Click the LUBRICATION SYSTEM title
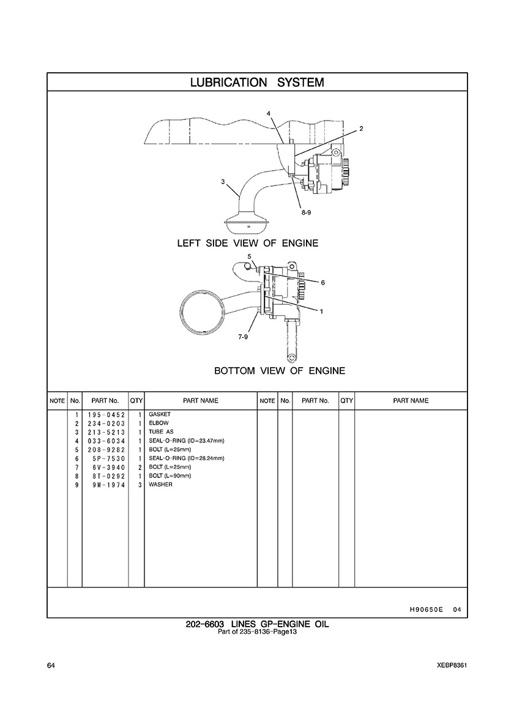(257, 83)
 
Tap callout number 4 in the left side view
(269, 113)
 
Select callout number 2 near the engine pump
(362, 129)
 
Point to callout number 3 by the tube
(223, 182)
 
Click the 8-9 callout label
(306, 212)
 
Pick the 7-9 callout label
(243, 337)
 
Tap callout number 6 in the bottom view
(322, 282)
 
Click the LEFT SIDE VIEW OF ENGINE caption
(248, 243)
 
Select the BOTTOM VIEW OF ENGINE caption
(280, 370)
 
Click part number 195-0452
(106, 414)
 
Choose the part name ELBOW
(159, 423)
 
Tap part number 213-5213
(106, 432)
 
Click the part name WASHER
(160, 485)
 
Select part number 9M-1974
(110, 485)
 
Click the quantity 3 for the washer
(140, 485)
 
